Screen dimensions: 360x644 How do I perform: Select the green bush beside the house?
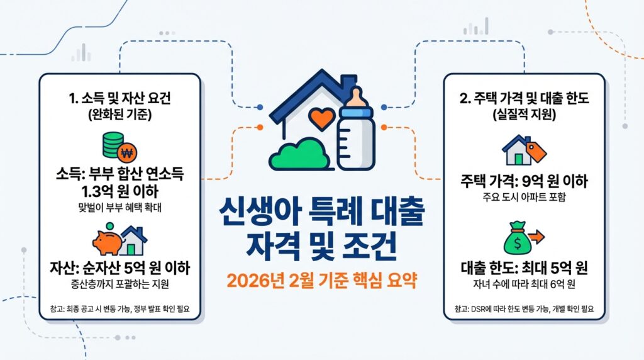tap(299, 151)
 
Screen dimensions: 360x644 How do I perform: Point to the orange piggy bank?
tap(106, 240)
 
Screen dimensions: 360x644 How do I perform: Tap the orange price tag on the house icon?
tap(536, 151)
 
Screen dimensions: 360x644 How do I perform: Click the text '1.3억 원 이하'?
tap(119, 190)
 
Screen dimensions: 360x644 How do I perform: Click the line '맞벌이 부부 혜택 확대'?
tap(119, 206)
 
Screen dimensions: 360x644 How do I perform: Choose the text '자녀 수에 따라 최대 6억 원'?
tap(524, 285)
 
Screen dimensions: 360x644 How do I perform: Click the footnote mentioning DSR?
tap(524, 309)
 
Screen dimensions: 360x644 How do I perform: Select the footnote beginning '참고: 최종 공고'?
tap(119, 309)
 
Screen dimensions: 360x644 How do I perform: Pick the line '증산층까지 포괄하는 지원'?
tap(119, 284)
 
